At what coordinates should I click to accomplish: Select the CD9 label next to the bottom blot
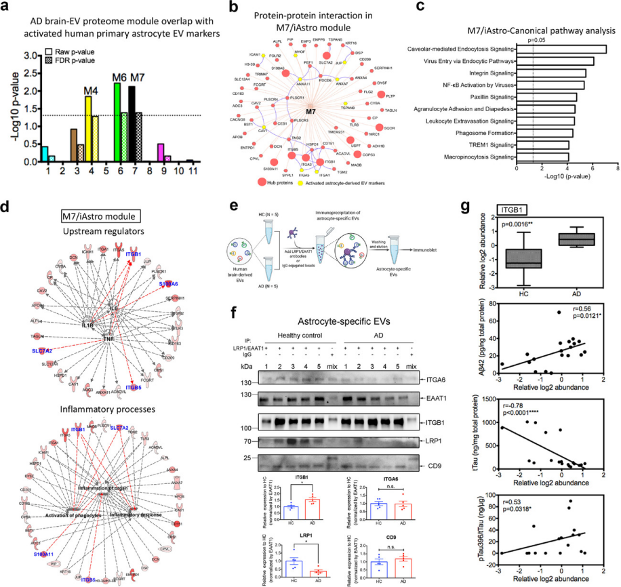tap(433, 465)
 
